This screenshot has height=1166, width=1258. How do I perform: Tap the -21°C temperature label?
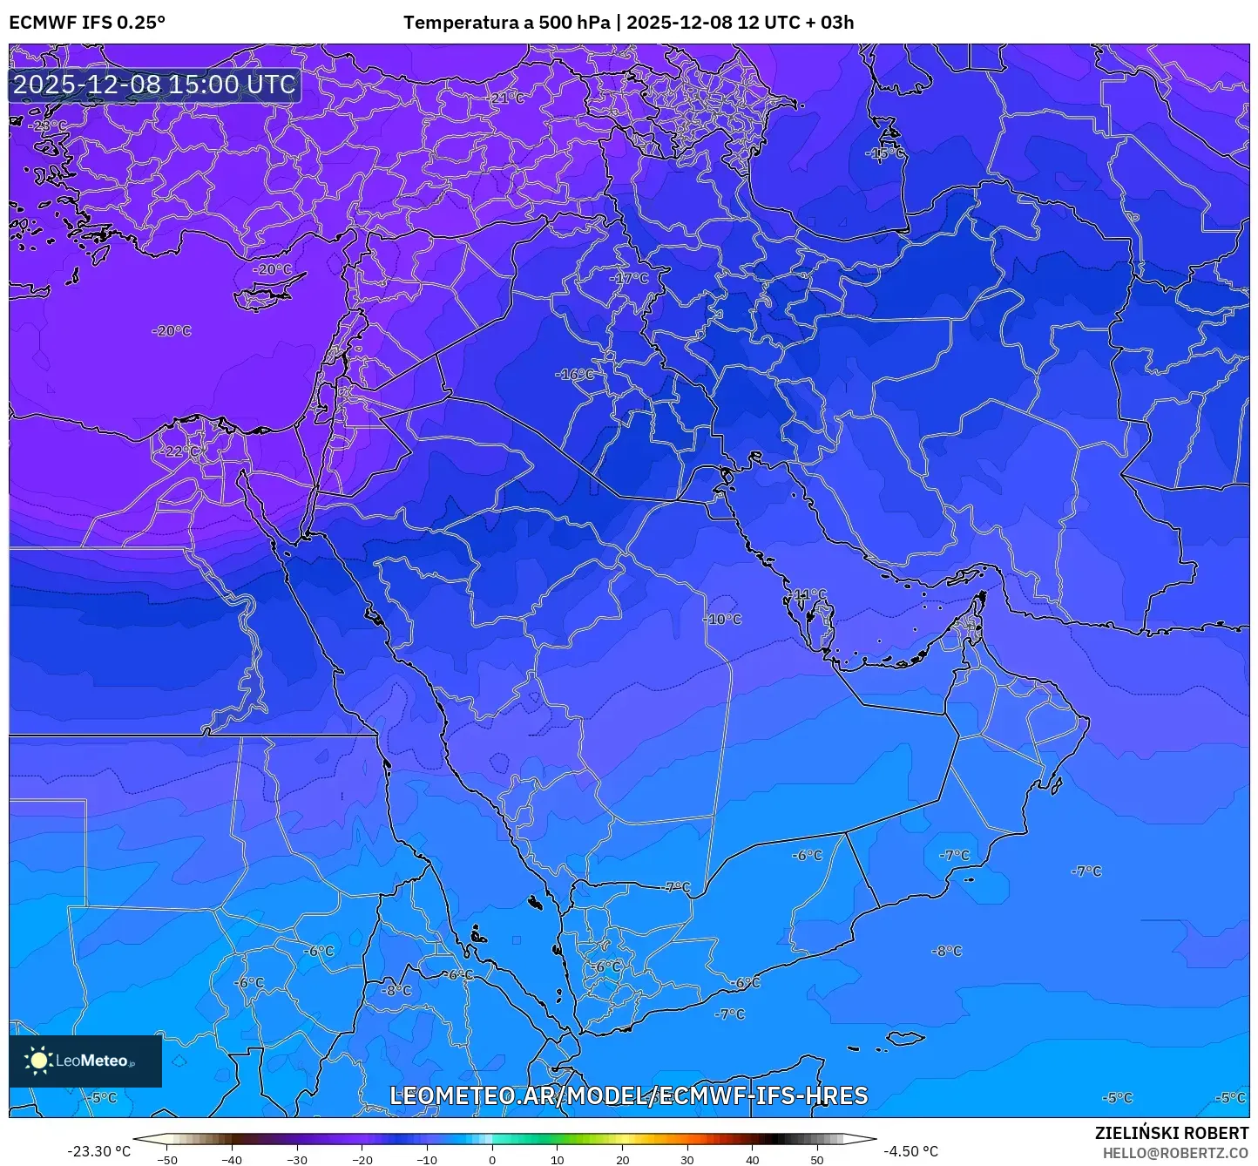506,98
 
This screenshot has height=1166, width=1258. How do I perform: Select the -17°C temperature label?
629,279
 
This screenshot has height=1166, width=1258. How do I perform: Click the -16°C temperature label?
575,375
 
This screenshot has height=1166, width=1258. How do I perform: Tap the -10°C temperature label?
722,620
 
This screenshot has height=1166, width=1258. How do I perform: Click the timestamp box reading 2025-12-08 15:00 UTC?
154,85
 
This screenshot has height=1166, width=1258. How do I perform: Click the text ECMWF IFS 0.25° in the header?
87,23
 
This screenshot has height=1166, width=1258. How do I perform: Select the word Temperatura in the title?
460,23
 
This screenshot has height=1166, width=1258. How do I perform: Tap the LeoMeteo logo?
85,1061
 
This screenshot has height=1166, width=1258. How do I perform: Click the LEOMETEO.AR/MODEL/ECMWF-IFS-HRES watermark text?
628,1095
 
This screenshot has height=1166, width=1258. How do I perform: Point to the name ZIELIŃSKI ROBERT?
1172,1133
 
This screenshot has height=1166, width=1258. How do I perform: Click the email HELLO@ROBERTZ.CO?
1175,1153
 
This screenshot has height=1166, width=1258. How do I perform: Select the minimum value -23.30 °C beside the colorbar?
98,1151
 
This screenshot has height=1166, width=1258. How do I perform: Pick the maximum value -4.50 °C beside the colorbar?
910,1151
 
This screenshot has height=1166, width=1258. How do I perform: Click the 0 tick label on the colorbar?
492,1160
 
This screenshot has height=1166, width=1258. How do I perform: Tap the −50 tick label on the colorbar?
166,1160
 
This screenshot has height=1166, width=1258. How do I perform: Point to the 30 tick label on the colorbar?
687,1160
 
